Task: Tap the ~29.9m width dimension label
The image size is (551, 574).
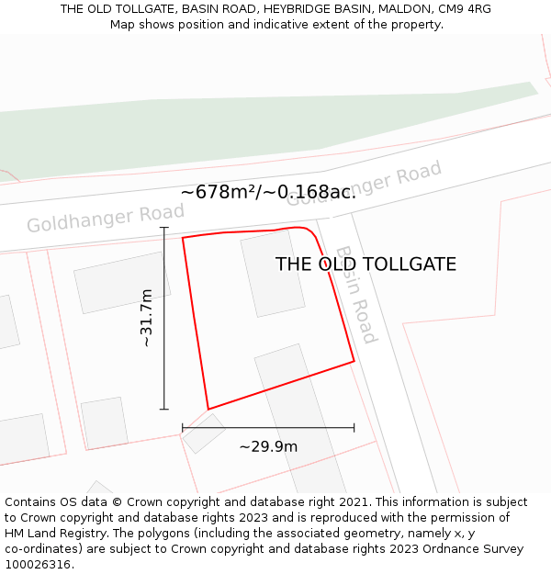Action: [268, 447]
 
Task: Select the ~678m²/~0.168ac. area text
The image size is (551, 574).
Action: [268, 192]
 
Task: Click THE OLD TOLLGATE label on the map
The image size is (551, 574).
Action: [365, 264]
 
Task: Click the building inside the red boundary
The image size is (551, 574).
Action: [273, 273]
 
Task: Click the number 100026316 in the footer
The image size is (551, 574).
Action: [37, 565]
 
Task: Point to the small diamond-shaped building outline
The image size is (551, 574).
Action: [203, 433]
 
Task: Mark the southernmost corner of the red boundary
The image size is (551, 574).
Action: [208, 409]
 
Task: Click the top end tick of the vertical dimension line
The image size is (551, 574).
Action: [164, 228]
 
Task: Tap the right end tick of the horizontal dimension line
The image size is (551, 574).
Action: [354, 427]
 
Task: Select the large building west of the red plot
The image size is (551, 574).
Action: [122, 282]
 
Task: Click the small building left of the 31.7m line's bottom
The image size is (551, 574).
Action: [104, 422]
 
